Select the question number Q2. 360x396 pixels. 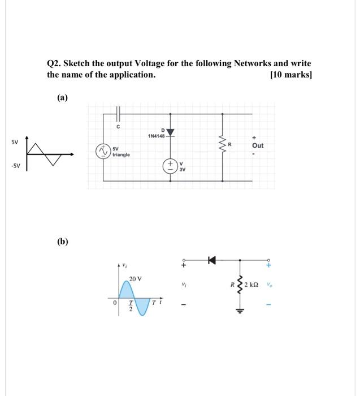pyautogui.click(x=54, y=64)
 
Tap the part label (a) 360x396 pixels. pyautogui.click(x=62, y=98)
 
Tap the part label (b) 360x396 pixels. pyautogui.click(x=62, y=242)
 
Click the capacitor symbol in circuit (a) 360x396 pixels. pyautogui.click(x=118, y=114)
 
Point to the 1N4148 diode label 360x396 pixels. pyautogui.click(x=155, y=136)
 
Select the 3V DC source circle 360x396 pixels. pyautogui.click(x=170, y=166)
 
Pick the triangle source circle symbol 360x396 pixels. pyautogui.click(x=103, y=151)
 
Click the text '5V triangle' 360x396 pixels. pyautogui.click(x=121, y=152)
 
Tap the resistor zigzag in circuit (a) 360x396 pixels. pyautogui.click(x=222, y=145)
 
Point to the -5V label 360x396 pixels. pyautogui.click(x=14, y=166)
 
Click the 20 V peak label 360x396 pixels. pyautogui.click(x=136, y=279)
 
